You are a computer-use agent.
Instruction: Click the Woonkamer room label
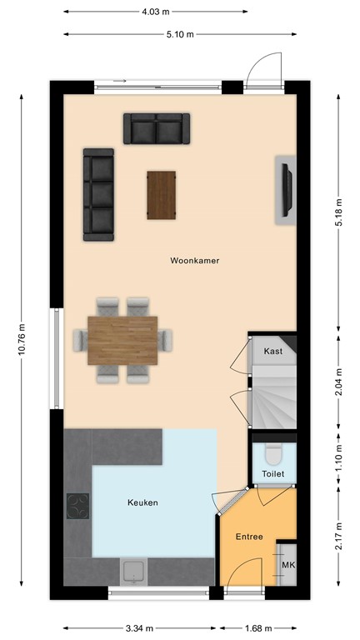194,261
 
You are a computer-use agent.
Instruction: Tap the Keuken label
142,502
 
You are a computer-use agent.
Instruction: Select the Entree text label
249,537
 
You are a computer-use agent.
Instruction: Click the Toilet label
272,473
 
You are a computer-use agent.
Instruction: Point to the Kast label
272,352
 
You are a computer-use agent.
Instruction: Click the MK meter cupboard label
287,567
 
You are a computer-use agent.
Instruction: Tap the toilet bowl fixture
272,454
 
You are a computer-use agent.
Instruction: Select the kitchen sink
134,572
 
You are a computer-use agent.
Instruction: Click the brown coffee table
162,195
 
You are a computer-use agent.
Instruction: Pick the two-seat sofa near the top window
157,128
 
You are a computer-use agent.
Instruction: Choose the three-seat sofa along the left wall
98,195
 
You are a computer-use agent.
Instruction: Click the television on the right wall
287,188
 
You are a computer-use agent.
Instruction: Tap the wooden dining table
122,340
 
